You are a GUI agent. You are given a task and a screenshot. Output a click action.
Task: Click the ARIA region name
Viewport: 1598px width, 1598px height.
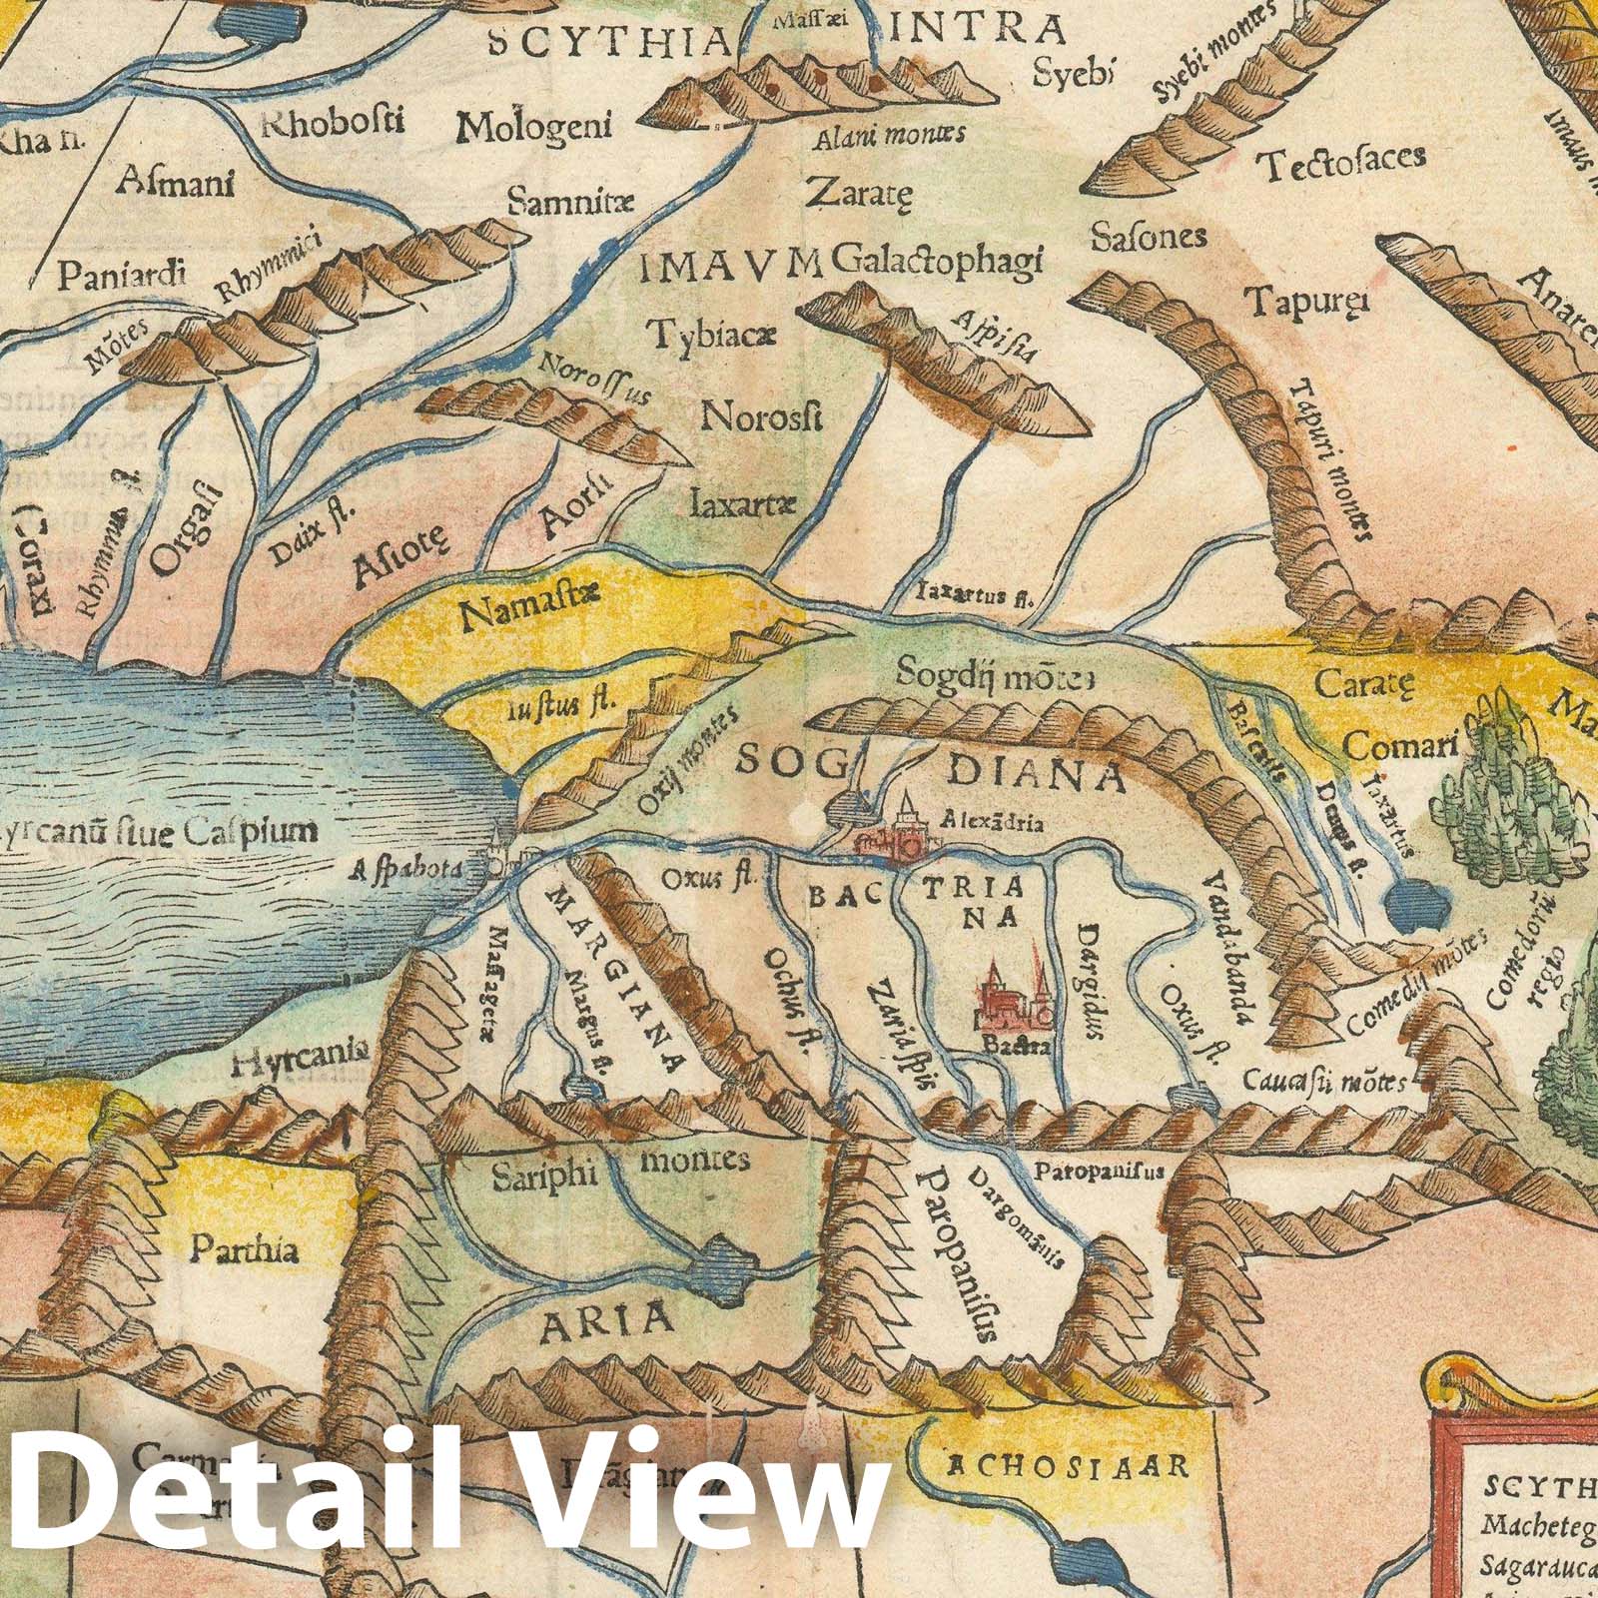tap(606, 1321)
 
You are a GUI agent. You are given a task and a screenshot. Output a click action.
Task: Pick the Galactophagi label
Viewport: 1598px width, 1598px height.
tap(936, 260)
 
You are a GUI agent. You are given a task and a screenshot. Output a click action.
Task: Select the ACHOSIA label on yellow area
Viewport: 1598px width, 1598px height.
tap(1067, 1465)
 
